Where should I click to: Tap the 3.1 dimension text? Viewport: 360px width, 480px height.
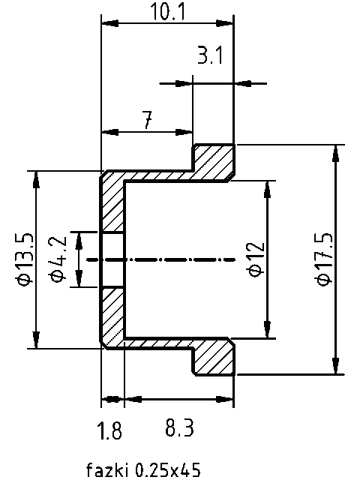210,55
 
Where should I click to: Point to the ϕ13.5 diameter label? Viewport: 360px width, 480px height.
23,259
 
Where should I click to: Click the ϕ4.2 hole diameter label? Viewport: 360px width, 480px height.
58,259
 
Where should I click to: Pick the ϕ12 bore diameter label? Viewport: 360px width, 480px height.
254,259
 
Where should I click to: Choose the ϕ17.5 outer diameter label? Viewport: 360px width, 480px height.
323,259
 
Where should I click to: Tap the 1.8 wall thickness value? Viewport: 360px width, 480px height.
109,430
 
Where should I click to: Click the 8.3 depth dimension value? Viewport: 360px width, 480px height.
178,429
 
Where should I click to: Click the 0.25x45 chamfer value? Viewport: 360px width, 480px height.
167,470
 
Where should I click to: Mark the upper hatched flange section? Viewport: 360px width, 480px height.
214,160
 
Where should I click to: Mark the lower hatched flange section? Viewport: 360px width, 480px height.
214,358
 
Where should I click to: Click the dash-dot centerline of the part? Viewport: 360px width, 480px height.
172,259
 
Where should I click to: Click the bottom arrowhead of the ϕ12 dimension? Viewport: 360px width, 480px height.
266,330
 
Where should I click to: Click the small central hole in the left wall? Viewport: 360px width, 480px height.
112,259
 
